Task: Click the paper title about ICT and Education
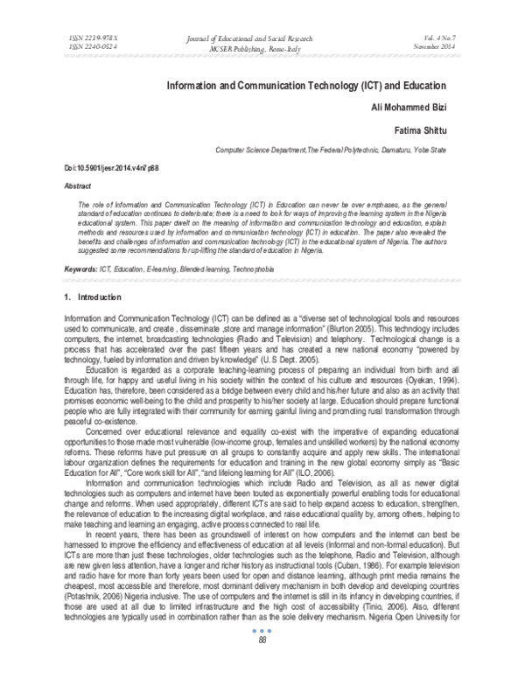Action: [306, 87]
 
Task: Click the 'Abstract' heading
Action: [78, 186]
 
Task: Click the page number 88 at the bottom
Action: [262, 663]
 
